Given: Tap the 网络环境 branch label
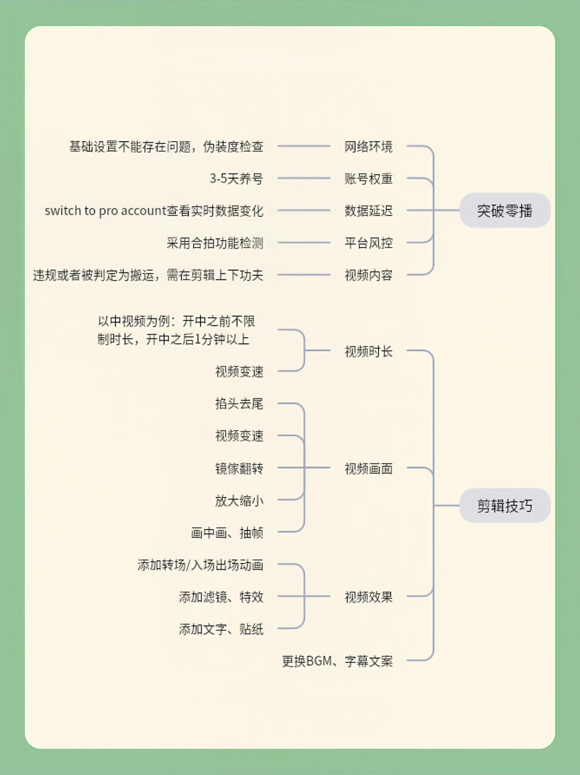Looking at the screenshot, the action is [368, 146].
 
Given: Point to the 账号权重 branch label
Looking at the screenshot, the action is [368, 179].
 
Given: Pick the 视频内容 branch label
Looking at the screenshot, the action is [368, 275].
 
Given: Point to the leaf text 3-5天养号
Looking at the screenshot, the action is [236, 179].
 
